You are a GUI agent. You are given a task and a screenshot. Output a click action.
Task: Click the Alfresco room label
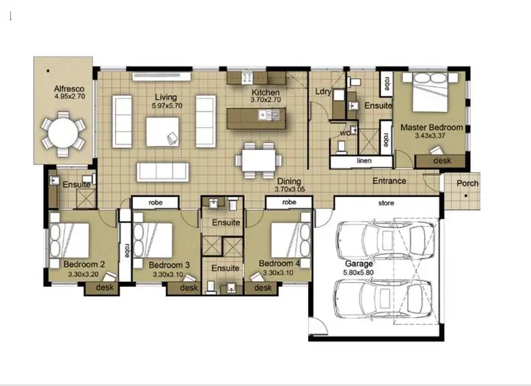[x=69, y=89]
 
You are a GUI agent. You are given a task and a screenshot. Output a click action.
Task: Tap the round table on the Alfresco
[x=62, y=132]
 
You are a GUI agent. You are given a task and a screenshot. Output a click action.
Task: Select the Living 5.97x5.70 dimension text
[x=167, y=106]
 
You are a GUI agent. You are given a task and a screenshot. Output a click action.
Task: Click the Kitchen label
[x=265, y=93]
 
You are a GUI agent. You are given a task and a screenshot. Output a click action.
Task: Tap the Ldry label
[x=322, y=92]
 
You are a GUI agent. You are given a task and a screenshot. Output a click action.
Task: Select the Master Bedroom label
[x=432, y=127]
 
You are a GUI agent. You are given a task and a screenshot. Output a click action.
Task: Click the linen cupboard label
[x=364, y=162]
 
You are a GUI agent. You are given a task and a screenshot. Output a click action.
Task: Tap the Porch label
[x=467, y=183]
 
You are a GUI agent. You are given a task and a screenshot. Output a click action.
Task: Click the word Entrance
[x=389, y=181]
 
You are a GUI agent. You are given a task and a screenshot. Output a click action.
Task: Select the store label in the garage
[x=386, y=204]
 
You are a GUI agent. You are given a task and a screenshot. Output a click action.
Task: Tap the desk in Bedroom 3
[x=188, y=288]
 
